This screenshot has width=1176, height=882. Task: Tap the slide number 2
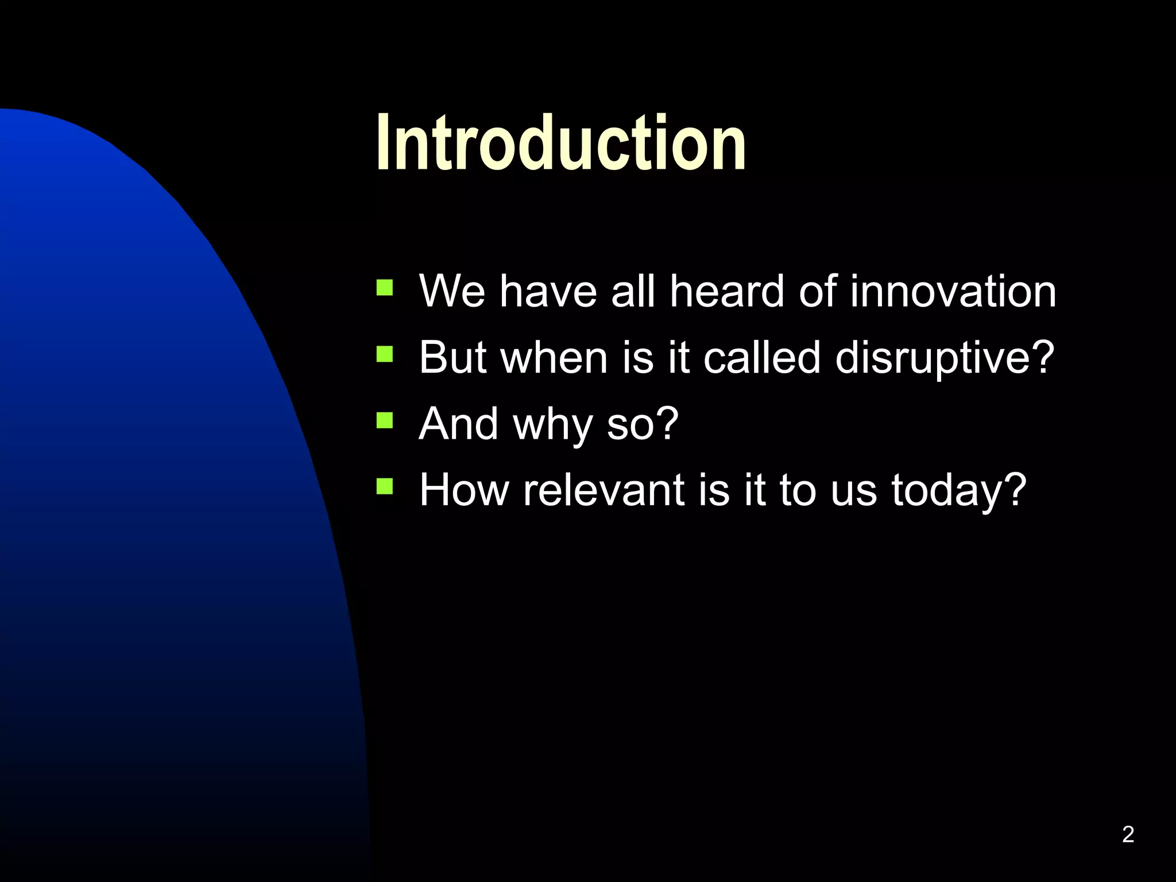tap(1128, 834)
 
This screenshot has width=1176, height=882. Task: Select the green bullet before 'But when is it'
tap(384, 354)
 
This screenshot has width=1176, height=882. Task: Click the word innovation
tap(953, 291)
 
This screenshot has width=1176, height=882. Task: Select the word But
tap(453, 357)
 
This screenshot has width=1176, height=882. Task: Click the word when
tap(554, 357)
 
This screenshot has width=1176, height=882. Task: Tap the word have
tap(548, 291)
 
